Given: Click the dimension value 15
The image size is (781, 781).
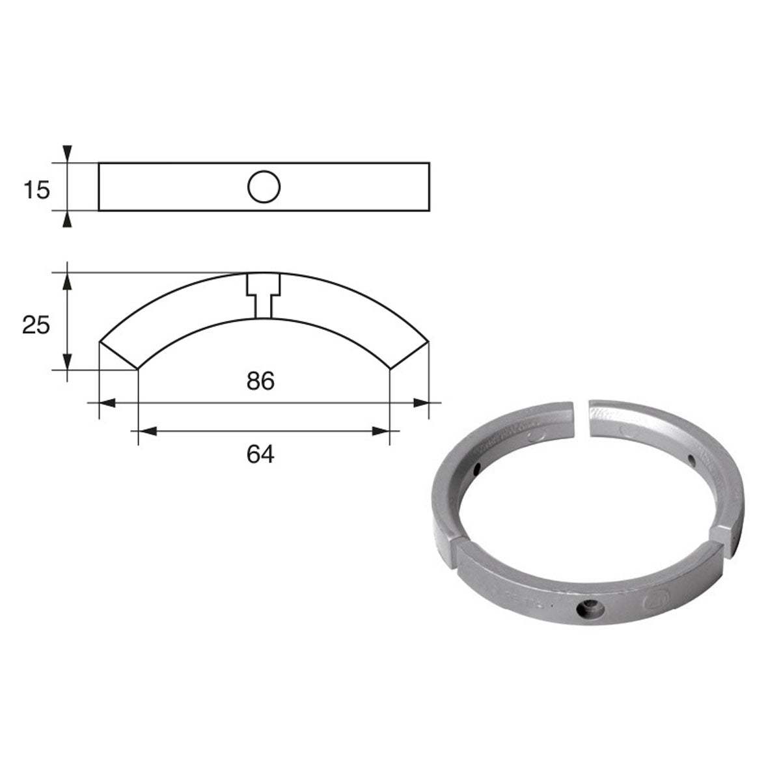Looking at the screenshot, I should click(x=36, y=190).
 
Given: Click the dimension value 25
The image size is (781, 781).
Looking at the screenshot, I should click(x=36, y=323).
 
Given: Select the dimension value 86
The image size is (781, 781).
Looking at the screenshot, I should click(x=261, y=381).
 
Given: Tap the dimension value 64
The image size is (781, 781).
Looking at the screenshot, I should click(x=261, y=454).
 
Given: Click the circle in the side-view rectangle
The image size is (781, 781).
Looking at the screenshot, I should click(x=264, y=187).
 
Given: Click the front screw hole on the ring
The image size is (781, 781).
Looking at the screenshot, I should click(x=591, y=609).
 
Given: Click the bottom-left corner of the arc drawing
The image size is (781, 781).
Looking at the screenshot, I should click(x=138, y=369).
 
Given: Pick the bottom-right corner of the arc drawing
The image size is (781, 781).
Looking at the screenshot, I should click(x=389, y=369).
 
